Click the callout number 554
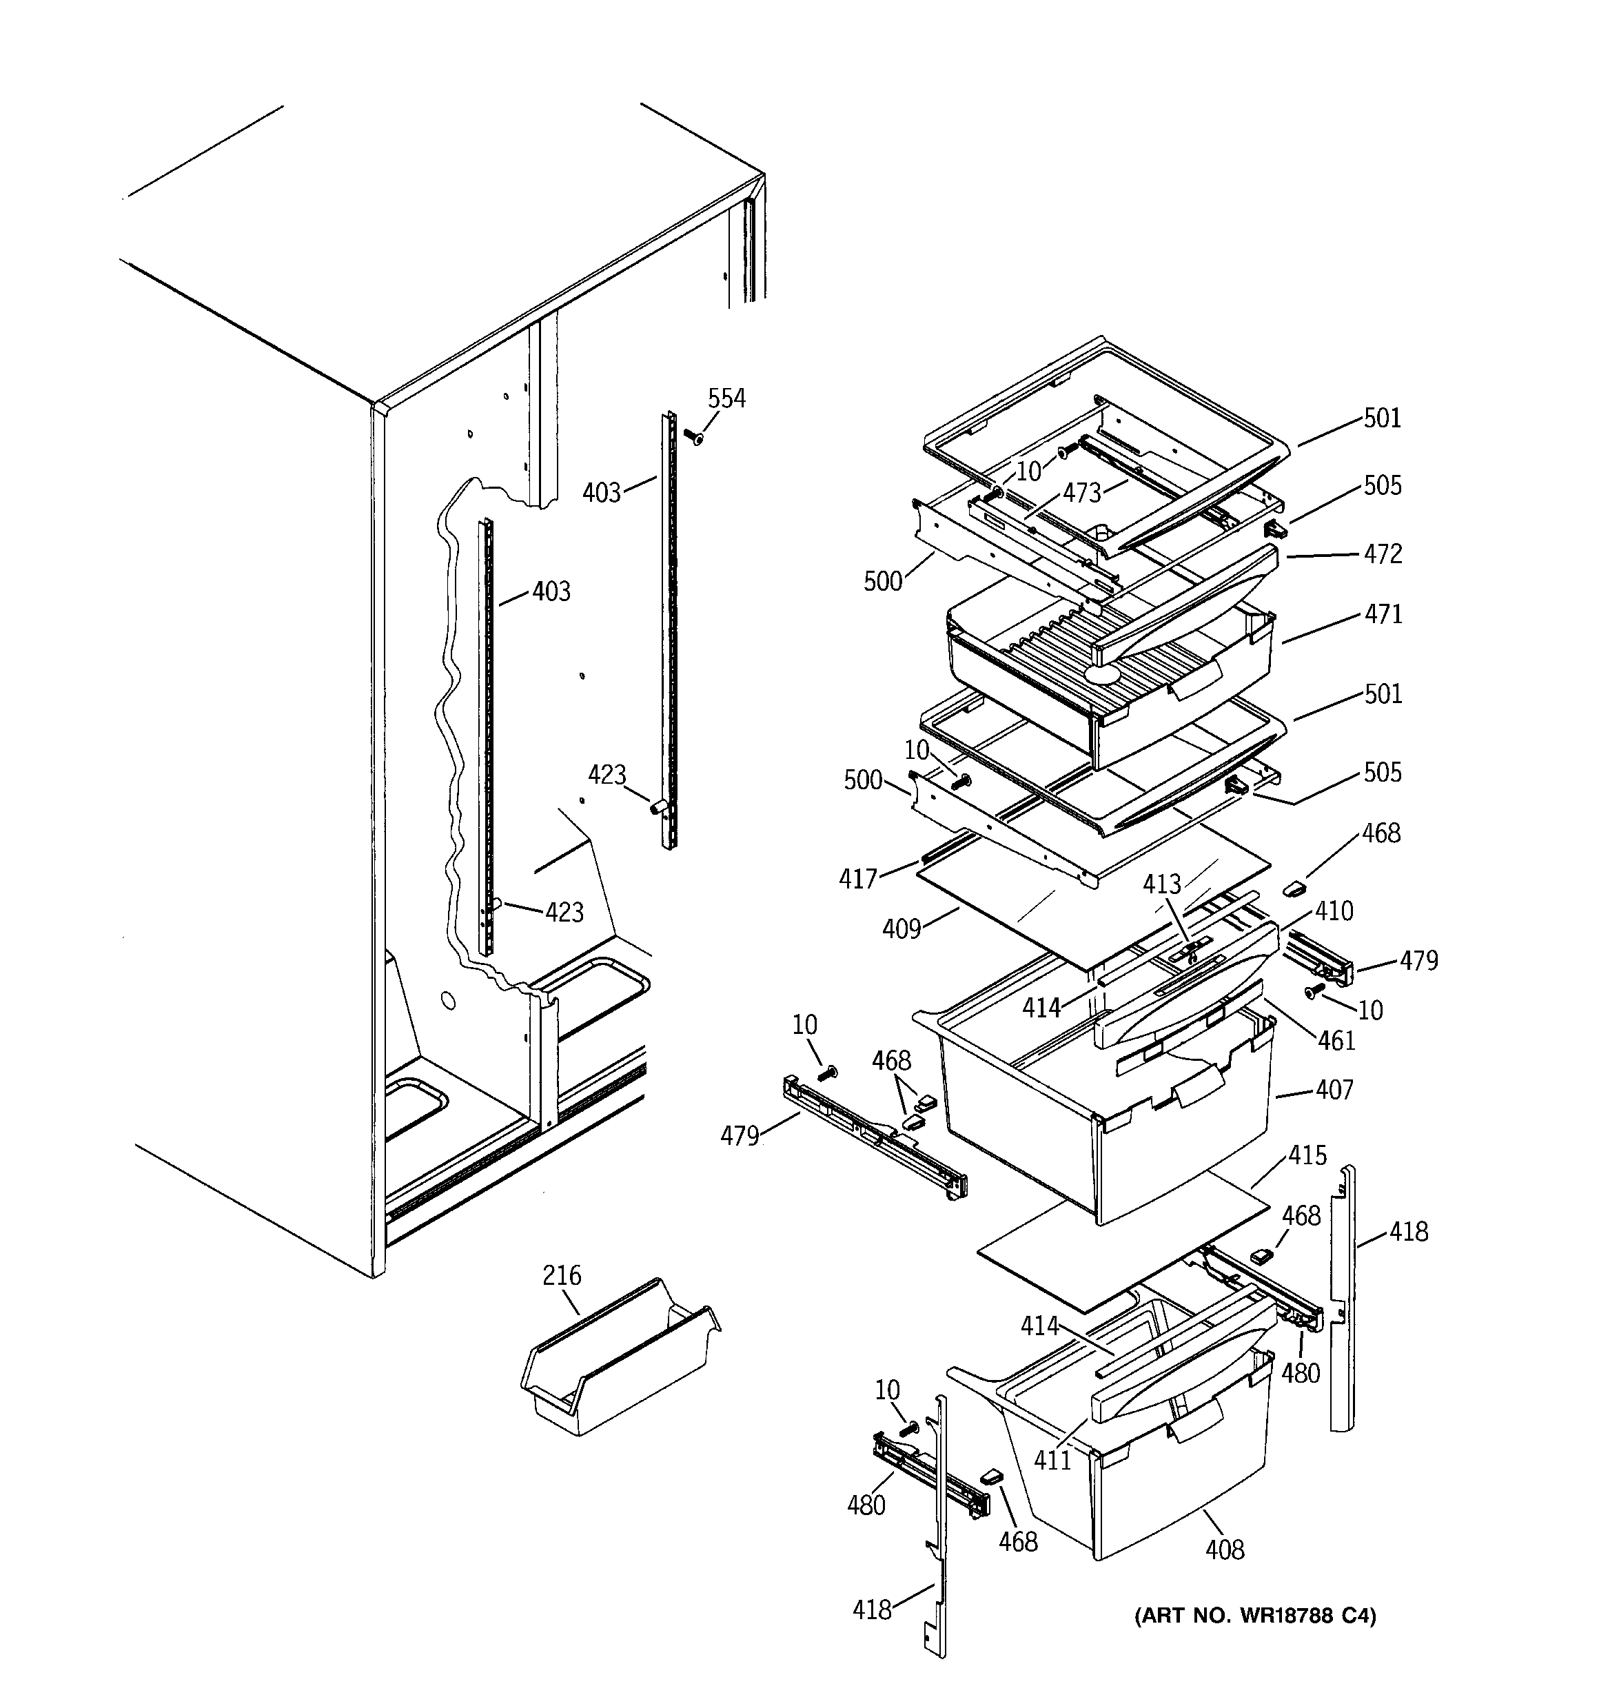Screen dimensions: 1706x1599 (x=726, y=398)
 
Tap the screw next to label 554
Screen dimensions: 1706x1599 (x=693, y=437)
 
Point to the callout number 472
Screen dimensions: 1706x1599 (x=1383, y=554)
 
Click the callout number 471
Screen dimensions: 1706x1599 (x=1383, y=614)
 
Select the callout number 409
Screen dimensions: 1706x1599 (x=902, y=928)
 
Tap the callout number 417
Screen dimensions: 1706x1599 (x=858, y=879)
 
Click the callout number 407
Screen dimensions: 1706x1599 (x=1334, y=1090)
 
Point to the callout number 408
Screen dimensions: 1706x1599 (x=1224, y=1549)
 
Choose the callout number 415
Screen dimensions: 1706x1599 (x=1307, y=1156)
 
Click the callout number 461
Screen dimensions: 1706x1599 (x=1336, y=1041)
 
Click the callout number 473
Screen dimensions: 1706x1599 (x=1081, y=493)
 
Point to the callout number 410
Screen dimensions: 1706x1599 (x=1334, y=911)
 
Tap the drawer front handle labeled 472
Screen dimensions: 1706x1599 (x=1185, y=600)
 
